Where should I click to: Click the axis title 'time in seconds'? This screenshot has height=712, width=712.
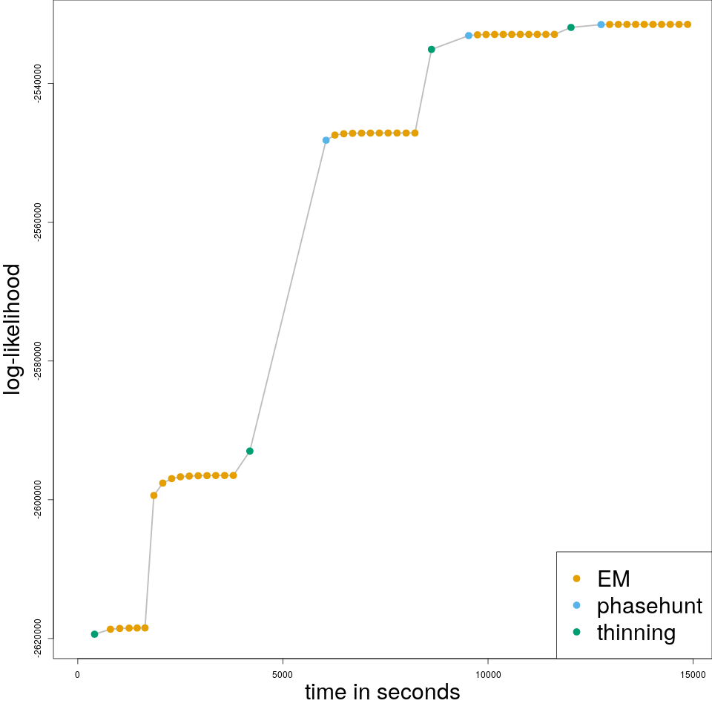(382, 693)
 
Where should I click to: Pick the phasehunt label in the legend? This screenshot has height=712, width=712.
(649, 606)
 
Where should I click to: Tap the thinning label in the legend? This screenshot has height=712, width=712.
(636, 633)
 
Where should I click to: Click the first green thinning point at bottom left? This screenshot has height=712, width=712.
(94, 634)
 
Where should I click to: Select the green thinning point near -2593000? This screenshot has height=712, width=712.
(250, 451)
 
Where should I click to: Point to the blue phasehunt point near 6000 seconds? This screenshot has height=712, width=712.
(326, 140)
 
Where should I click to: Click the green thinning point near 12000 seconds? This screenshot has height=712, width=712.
(571, 27)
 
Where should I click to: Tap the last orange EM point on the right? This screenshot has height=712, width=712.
(688, 24)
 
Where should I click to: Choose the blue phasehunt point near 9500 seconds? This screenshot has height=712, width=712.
(469, 36)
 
